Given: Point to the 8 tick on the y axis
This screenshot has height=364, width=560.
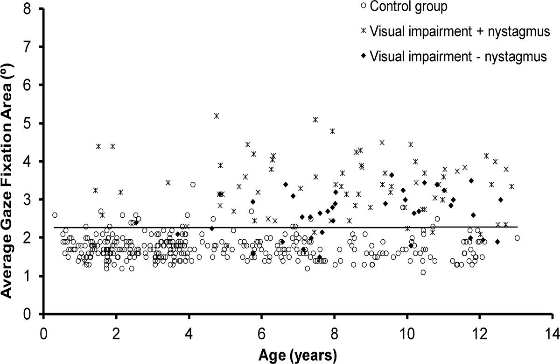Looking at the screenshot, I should click(31, 9).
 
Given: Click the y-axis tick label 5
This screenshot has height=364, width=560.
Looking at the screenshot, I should click(31, 123).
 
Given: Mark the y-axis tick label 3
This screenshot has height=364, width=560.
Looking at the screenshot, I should click(31, 200).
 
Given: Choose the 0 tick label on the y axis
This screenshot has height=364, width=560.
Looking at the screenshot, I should click(31, 314).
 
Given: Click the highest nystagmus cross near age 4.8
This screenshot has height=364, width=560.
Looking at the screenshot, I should click(217, 115).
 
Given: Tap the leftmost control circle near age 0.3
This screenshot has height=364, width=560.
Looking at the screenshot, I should click(55, 215).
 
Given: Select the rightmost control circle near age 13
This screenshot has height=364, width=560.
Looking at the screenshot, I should click(517, 238).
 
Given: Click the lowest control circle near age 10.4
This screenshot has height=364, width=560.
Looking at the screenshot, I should click(423, 272).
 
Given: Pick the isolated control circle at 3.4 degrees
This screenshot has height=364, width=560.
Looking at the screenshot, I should click(193, 184).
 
